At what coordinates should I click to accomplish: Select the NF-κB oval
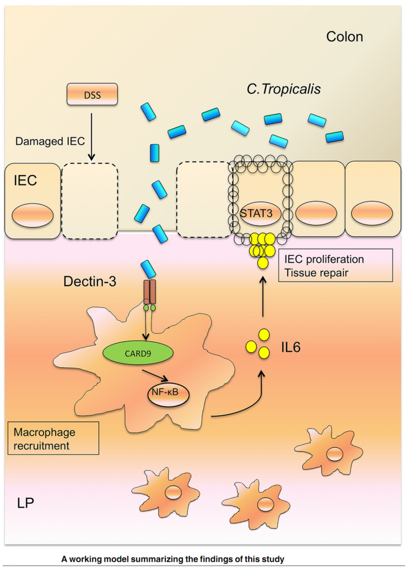click(x=166, y=394)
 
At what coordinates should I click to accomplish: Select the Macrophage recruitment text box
click(x=53, y=437)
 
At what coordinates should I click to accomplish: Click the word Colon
click(x=345, y=37)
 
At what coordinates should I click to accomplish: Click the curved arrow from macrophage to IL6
click(x=242, y=402)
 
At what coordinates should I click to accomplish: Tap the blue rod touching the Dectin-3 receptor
click(x=148, y=270)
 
